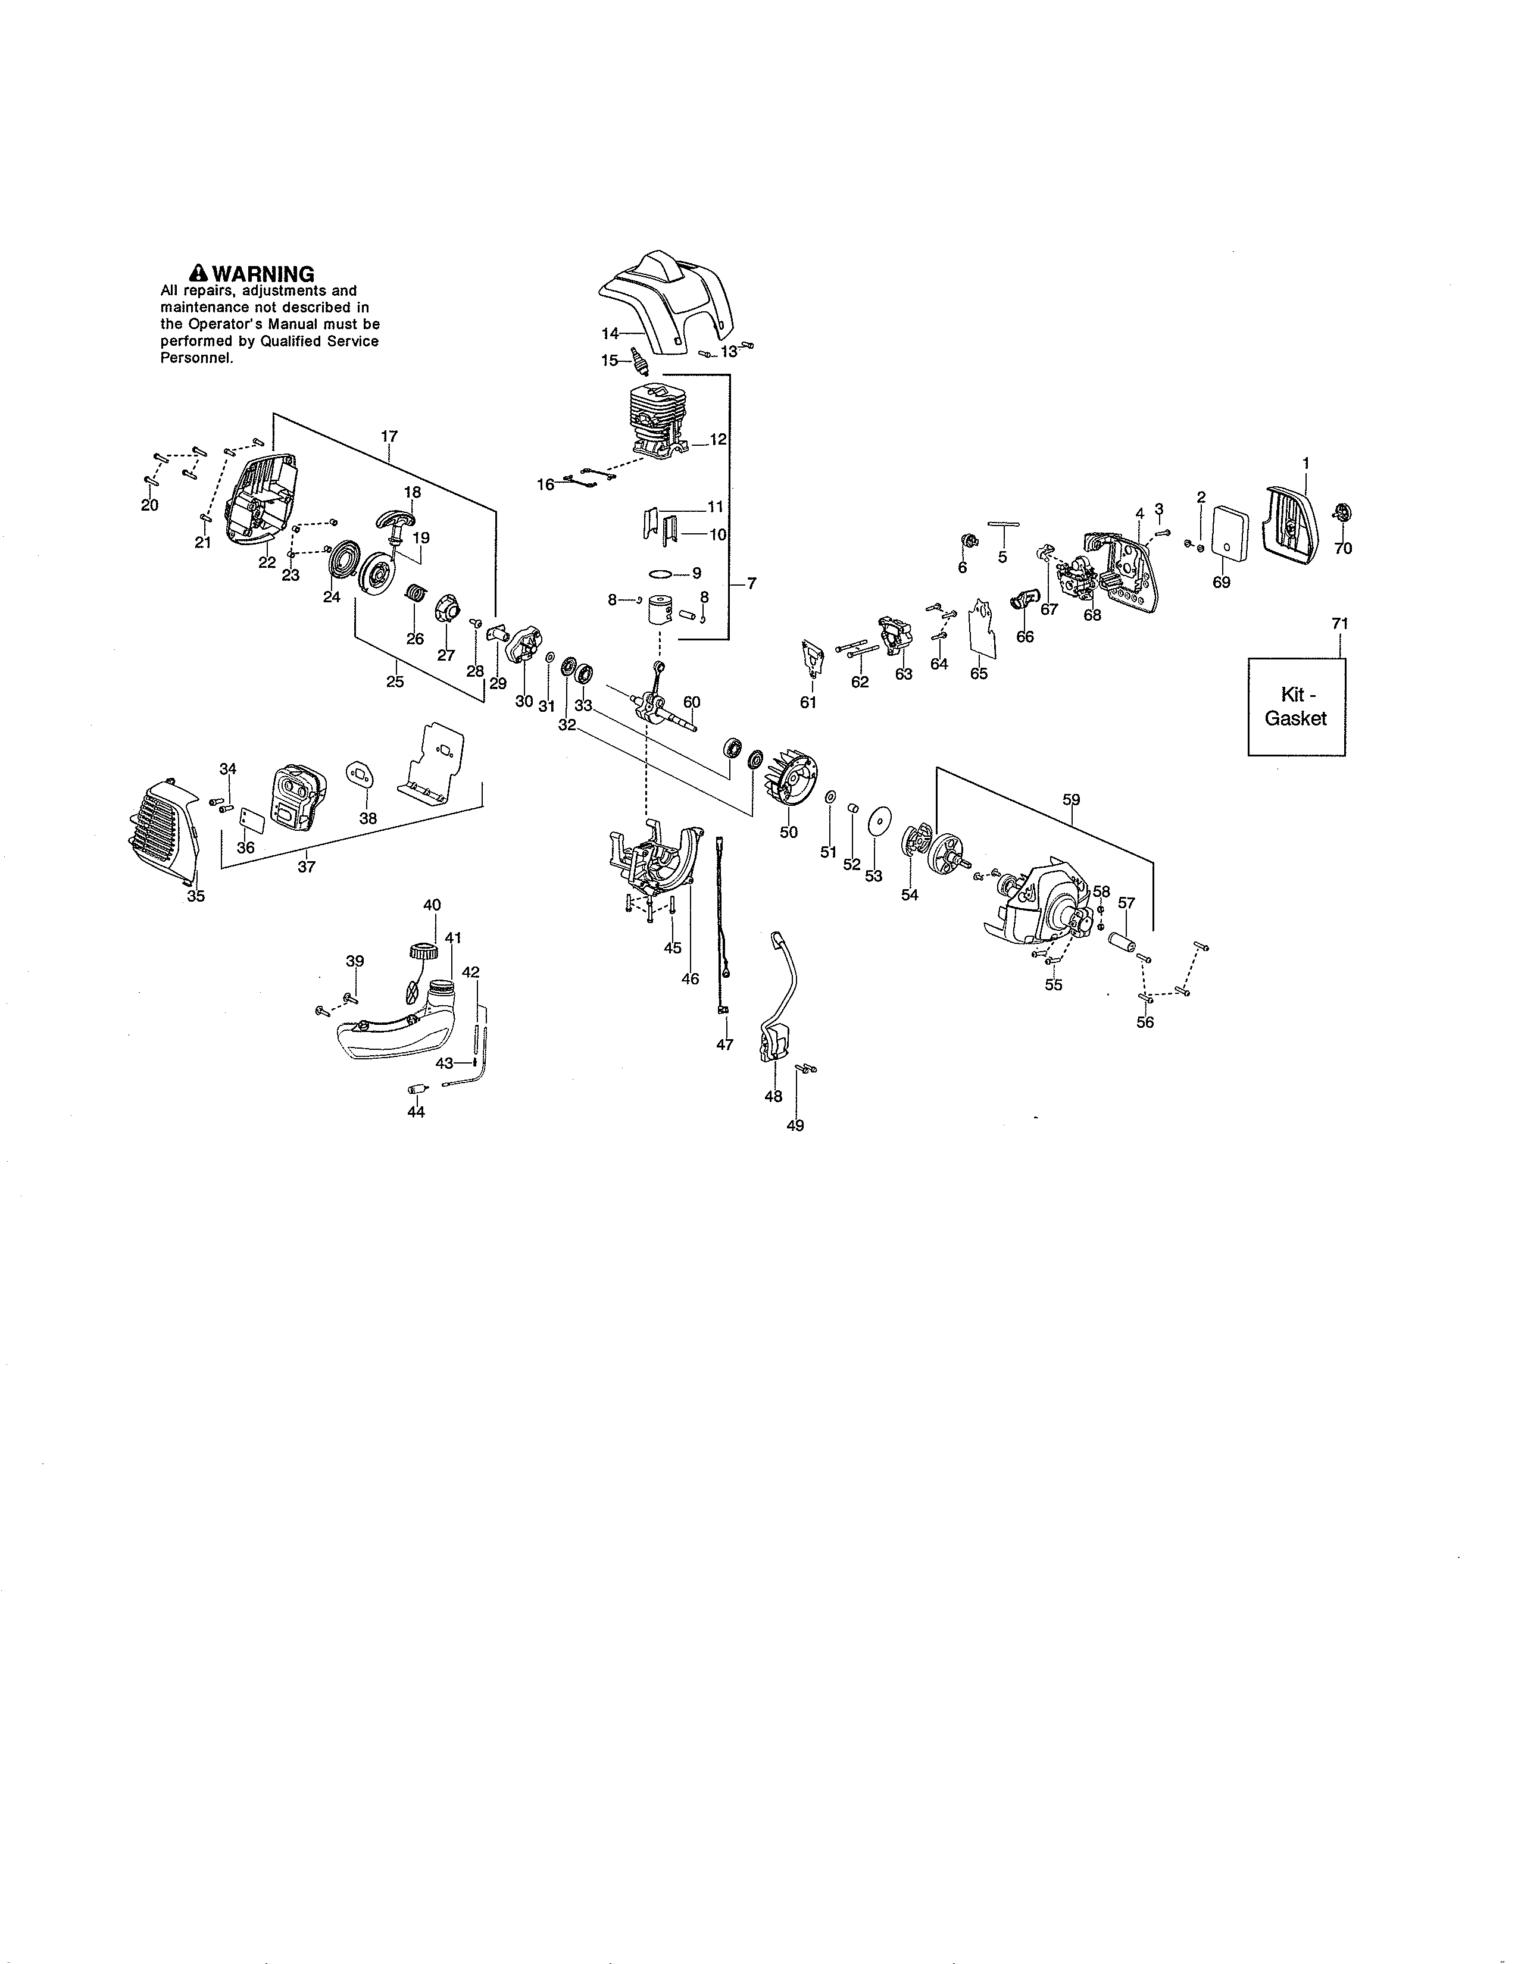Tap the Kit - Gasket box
pos(1296,707)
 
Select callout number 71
pos(1340,623)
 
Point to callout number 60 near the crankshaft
pos(692,702)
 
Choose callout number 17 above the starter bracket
pos(389,437)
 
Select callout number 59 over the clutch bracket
pos(1071,799)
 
